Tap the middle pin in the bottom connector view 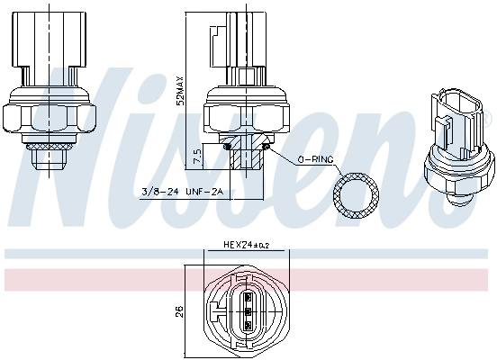click(x=248, y=310)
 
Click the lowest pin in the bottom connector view click(x=248, y=325)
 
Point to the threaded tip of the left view click(x=49, y=160)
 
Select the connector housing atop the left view click(x=50, y=40)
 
